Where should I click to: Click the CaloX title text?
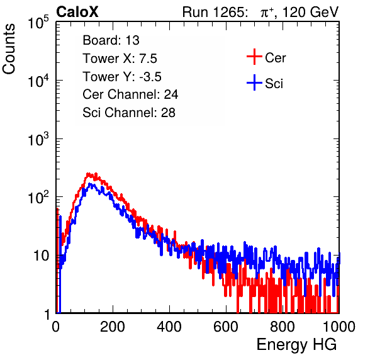pos(77,12)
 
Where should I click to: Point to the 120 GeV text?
pos(311,12)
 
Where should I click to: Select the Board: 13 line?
pos(111,40)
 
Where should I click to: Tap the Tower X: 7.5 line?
pos(120,59)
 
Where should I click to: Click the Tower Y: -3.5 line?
pos(122,77)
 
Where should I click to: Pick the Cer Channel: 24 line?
pos(130,94)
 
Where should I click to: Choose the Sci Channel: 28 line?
pos(129,113)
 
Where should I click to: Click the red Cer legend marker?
pos(254,57)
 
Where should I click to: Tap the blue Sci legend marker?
pos(254,82)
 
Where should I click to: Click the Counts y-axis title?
pos(9,49)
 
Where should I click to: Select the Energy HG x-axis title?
pos(296,345)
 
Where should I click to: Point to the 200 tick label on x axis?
pos(113,327)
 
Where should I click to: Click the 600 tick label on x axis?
pos(226,327)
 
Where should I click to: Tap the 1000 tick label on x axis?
pos(339,327)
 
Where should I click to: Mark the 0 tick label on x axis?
pos(56,327)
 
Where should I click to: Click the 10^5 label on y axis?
pos(38,22)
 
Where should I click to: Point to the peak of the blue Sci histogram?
pos(90,184)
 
